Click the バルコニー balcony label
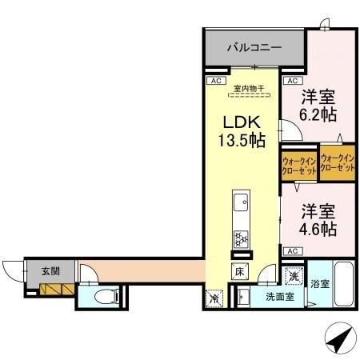[253, 48]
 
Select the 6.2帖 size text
[318, 113]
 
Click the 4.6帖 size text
[318, 226]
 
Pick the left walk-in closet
[298, 165]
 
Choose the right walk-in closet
[337, 161]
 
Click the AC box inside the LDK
[214, 81]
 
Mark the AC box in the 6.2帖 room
[292, 81]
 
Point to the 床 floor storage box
[239, 272]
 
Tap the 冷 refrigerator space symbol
[214, 298]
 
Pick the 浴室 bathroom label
[319, 284]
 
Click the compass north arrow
[338, 340]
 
